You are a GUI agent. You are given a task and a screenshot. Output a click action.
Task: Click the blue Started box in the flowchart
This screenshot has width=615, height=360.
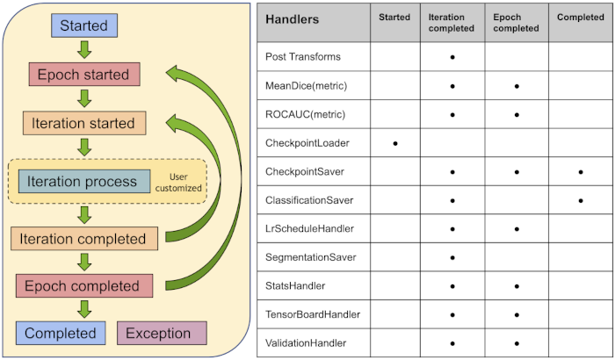[84, 26]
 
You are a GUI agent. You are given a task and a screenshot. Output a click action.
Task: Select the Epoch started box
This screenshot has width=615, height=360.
[83, 75]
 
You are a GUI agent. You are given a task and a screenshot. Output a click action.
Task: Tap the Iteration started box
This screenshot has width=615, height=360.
[83, 123]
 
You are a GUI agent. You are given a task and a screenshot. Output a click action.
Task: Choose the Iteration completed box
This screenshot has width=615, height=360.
[84, 238]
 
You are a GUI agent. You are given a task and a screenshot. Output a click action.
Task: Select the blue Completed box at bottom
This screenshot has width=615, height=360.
[60, 333]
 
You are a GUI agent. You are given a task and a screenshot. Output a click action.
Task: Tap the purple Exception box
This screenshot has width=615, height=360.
[158, 333]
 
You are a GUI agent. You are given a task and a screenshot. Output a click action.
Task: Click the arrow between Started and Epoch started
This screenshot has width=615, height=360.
[84, 50]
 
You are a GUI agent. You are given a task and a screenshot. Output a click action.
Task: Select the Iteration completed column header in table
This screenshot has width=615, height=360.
[452, 23]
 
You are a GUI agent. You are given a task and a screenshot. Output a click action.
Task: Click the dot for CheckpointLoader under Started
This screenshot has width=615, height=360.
[395, 142]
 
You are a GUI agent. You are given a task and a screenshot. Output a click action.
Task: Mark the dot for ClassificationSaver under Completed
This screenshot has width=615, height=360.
[581, 200]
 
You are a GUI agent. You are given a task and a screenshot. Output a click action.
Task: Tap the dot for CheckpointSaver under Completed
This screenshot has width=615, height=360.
[581, 171]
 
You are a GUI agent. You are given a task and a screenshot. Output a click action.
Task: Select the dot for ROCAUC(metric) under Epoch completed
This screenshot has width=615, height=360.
[517, 114]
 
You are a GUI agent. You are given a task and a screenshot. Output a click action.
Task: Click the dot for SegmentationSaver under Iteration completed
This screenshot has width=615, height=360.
[452, 257]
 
